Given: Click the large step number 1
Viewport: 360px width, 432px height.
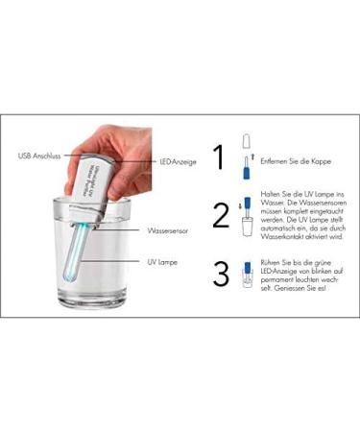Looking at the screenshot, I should (x=221, y=156).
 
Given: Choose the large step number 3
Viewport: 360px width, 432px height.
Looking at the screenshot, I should (x=221, y=275).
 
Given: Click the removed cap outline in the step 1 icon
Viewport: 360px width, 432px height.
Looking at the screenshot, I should (x=247, y=142).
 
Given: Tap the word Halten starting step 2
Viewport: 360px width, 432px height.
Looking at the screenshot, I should (x=273, y=199).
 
